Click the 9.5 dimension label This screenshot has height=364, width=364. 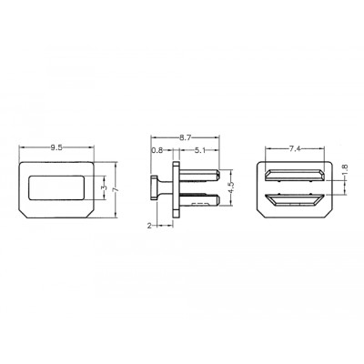[56, 147]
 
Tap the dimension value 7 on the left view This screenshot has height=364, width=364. [116, 190]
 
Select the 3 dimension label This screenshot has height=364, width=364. [104, 187]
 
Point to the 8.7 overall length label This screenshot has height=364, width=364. [185, 138]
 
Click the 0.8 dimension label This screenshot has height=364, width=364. [157, 150]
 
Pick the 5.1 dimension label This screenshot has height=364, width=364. [199, 150]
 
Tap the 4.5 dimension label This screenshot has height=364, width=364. [231, 188]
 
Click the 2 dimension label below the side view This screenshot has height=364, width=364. [149, 226]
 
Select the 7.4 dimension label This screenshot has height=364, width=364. [295, 148]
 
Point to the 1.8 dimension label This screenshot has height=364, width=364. [345, 170]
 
